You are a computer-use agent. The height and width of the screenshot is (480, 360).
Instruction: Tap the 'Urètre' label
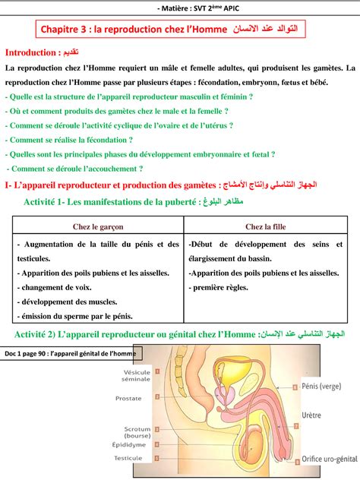tap(312, 415)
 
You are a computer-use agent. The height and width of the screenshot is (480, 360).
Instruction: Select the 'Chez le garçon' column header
tap(98, 226)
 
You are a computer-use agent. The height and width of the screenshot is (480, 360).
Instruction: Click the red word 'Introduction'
tap(31, 52)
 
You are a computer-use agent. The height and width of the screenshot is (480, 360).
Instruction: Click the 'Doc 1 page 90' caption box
tap(71, 354)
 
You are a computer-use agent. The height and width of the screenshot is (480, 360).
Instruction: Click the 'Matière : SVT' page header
tap(179, 7)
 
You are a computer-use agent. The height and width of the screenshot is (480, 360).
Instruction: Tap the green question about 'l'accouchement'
tap(75, 169)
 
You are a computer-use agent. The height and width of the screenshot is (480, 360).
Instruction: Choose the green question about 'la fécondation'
tap(69, 140)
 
